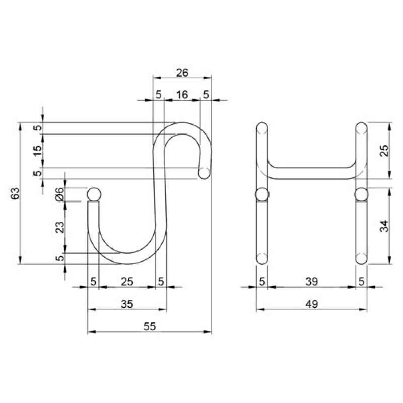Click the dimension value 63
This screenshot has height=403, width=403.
tap(16, 193)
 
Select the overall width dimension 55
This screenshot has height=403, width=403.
tap(150, 326)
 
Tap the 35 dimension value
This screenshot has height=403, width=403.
tap(127, 304)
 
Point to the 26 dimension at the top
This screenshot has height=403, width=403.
tap(182, 73)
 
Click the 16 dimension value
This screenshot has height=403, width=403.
tap(182, 95)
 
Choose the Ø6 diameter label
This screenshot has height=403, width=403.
tap(59, 194)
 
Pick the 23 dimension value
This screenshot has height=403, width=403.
tap(60, 227)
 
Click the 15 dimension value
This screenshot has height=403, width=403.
tap(37, 151)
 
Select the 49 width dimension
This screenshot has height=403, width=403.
tap(312, 304)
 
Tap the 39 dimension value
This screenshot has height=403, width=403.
tap(312, 282)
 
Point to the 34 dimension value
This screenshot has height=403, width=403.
tap(384, 226)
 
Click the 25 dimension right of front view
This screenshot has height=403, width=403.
tap(384, 151)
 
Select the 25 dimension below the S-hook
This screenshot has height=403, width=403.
tap(127, 282)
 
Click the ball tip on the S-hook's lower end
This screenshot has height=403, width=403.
tap(94, 194)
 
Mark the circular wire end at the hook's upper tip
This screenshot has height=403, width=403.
tap(205, 173)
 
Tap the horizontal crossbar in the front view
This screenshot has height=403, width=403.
tap(312, 173)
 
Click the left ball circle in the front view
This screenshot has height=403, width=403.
tap(262, 194)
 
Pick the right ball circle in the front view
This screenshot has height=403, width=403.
tap(361, 194)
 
